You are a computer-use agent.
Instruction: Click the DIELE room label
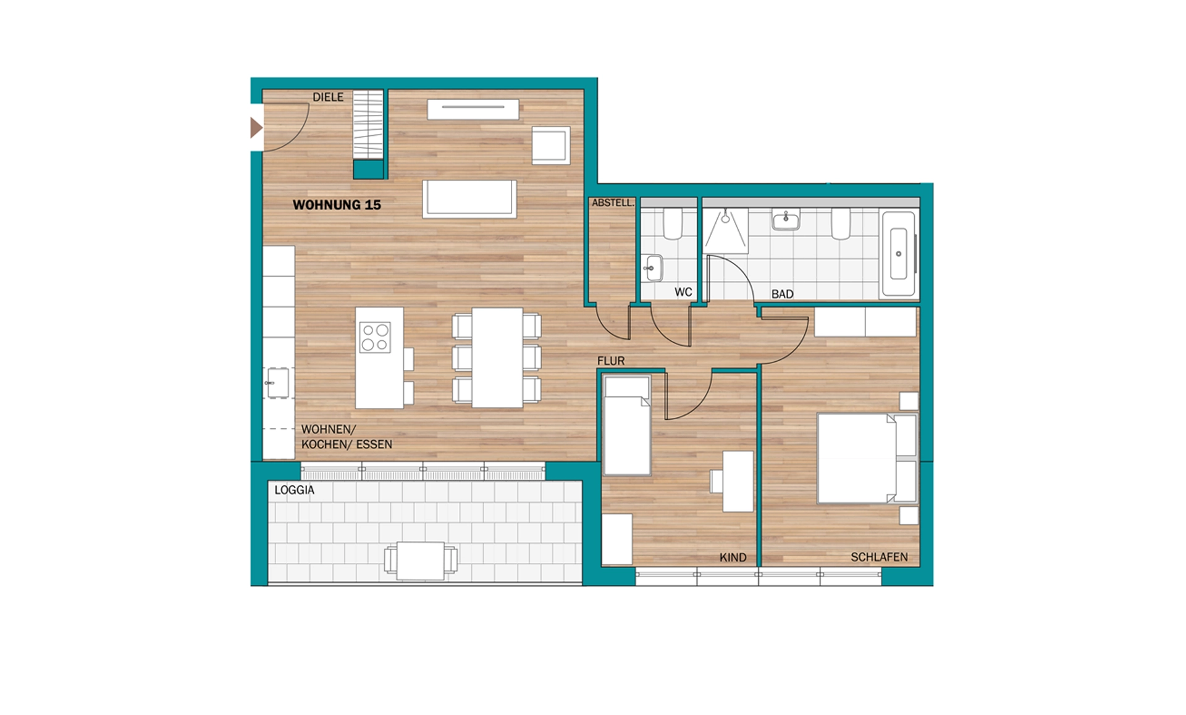point(328,97)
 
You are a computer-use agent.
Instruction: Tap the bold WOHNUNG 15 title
point(337,205)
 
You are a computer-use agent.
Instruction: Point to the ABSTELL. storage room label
point(613,203)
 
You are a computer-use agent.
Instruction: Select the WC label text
point(683,292)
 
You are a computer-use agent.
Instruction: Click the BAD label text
point(783,295)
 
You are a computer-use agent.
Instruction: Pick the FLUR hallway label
point(611,361)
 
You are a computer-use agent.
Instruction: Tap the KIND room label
point(733,558)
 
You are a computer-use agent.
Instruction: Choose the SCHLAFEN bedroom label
point(879,558)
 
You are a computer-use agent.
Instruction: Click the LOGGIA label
point(295,490)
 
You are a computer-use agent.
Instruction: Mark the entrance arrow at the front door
point(256,128)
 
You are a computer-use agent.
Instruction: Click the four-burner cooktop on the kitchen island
point(375,337)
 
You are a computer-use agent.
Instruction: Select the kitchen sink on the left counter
point(278,383)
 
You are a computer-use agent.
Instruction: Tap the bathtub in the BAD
point(899,254)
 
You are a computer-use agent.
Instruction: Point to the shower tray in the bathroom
point(726,231)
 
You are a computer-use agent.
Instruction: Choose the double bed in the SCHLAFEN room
point(867,458)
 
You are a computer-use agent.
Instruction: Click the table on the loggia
point(421,560)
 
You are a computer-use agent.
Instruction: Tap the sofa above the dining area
point(469,199)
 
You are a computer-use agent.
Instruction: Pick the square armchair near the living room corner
point(550,146)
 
